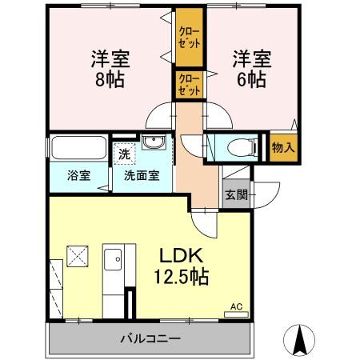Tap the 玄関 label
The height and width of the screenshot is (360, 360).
click(x=235, y=194)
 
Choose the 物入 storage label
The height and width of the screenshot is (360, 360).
click(x=283, y=147)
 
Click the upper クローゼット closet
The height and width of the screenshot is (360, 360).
click(x=190, y=36)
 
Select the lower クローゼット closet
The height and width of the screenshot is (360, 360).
click(x=190, y=85)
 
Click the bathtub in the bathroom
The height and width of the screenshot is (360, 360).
click(x=78, y=150)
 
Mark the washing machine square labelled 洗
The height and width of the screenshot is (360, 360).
click(x=124, y=152)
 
